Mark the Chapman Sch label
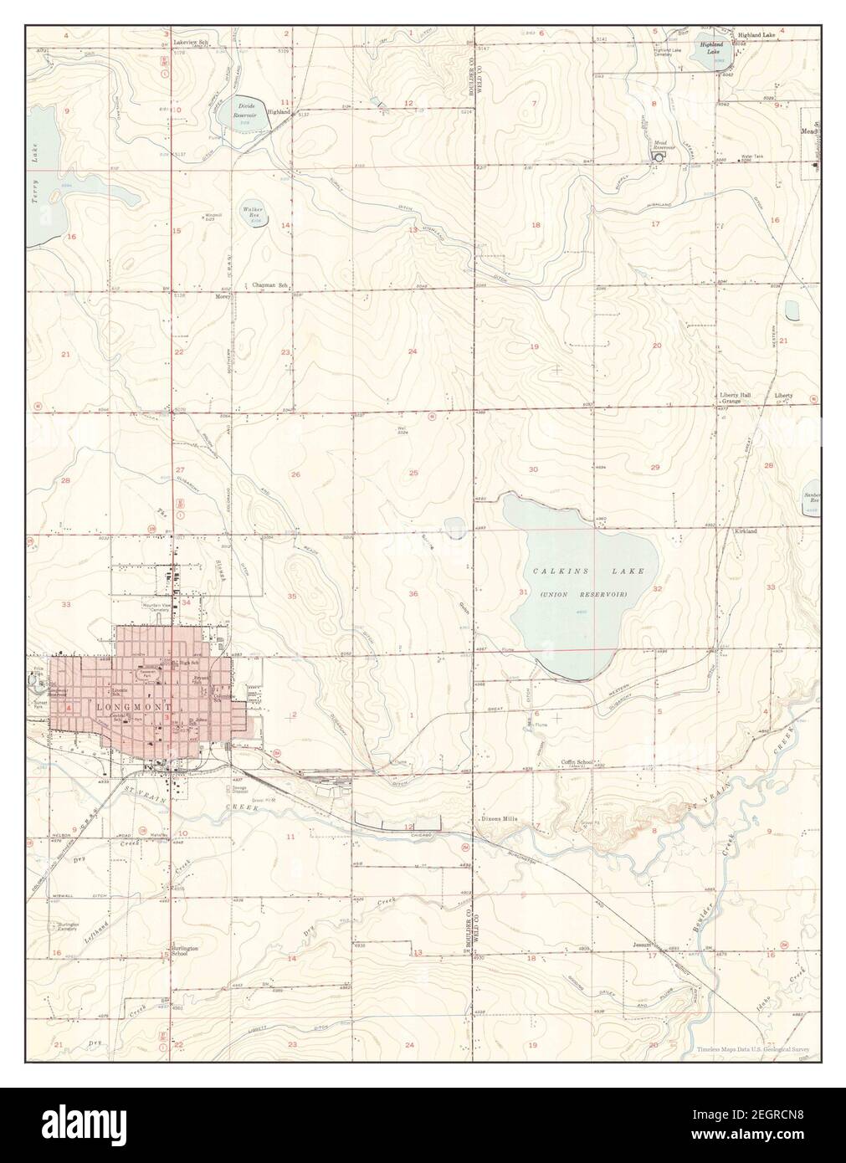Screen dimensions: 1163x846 [x=270, y=285]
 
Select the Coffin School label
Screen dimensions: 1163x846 [x=577, y=762]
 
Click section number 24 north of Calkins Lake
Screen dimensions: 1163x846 [x=412, y=351]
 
